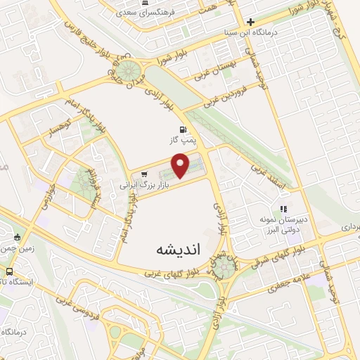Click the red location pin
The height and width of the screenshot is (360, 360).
tap(181, 165)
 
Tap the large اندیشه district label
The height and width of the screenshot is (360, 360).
tap(174, 250)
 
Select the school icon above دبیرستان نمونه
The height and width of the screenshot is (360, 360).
tap(283, 209)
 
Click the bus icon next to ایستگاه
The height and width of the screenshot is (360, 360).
tap(10, 271)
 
